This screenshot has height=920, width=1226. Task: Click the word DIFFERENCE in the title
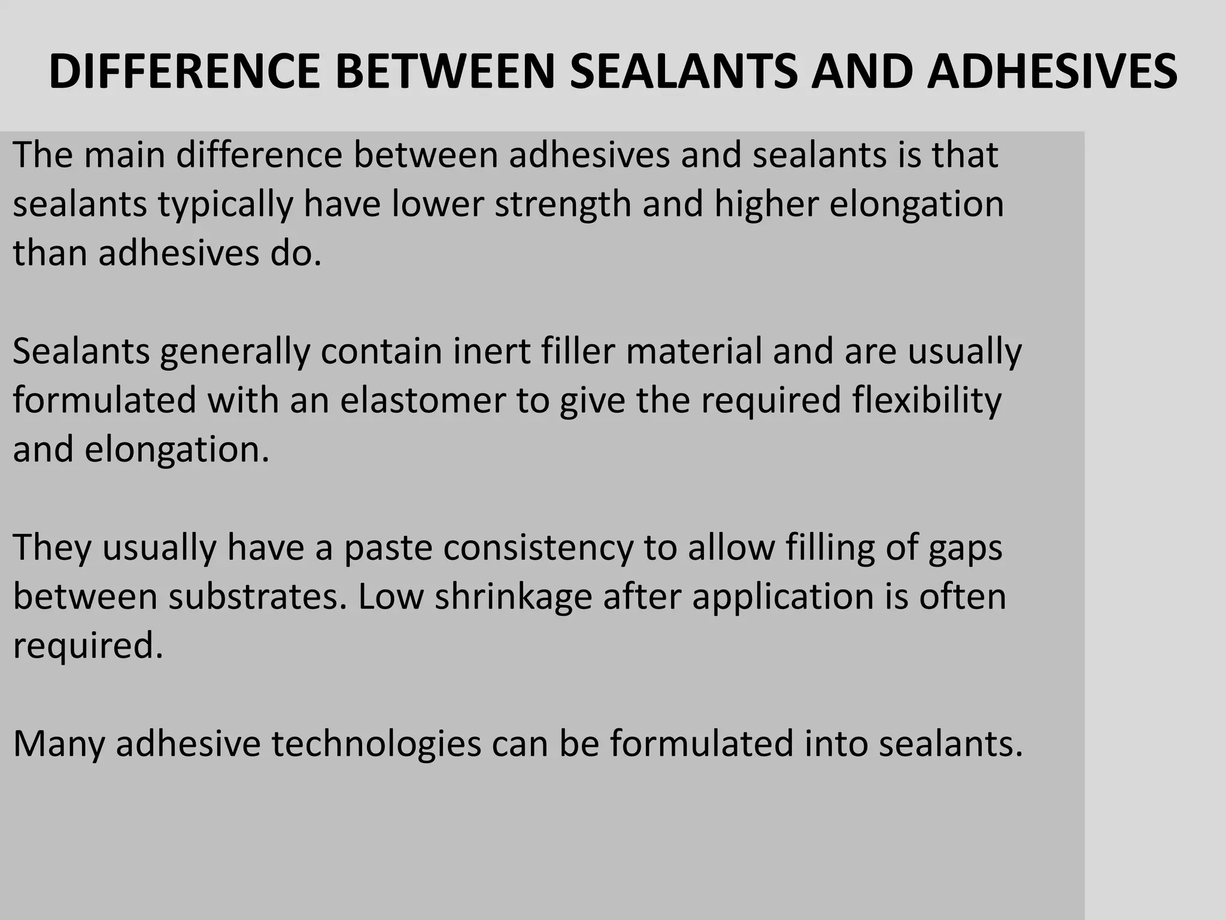point(184,72)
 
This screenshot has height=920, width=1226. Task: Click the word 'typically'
point(226,205)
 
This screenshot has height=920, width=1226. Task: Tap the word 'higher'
point(766,205)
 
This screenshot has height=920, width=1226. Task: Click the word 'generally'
point(235,352)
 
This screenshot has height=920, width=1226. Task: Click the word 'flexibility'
point(927,401)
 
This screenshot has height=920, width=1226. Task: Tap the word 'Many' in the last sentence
point(59,745)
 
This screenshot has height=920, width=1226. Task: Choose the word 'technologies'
point(377,745)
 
